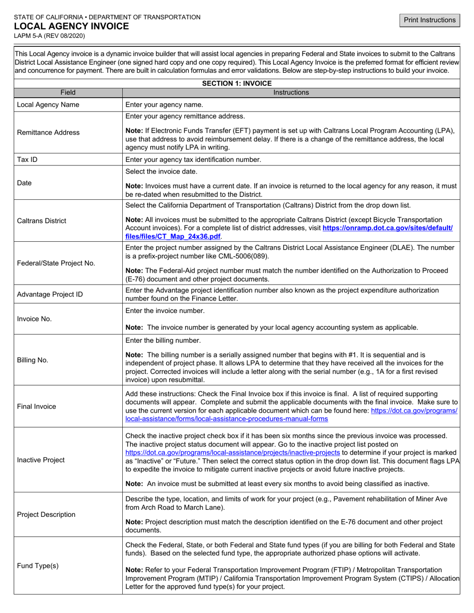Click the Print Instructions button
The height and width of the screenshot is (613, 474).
[430, 20]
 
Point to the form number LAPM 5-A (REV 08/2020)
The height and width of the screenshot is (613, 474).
[49, 36]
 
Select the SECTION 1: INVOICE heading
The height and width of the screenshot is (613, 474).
[237, 83]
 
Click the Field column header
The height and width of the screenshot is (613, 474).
[68, 92]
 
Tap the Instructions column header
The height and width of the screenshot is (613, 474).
[291, 92]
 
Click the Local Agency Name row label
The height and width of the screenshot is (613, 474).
[48, 105]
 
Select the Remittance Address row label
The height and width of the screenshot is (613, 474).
[48, 133]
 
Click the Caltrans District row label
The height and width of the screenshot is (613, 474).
[41, 221]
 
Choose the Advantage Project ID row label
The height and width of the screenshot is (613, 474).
[50, 294]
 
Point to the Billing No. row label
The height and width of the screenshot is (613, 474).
[32, 360]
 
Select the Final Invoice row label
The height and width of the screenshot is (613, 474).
[36, 406]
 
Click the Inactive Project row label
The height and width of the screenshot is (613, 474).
[41, 460]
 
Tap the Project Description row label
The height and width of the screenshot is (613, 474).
[46, 514]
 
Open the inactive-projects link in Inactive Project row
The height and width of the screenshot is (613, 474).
[233, 453]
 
